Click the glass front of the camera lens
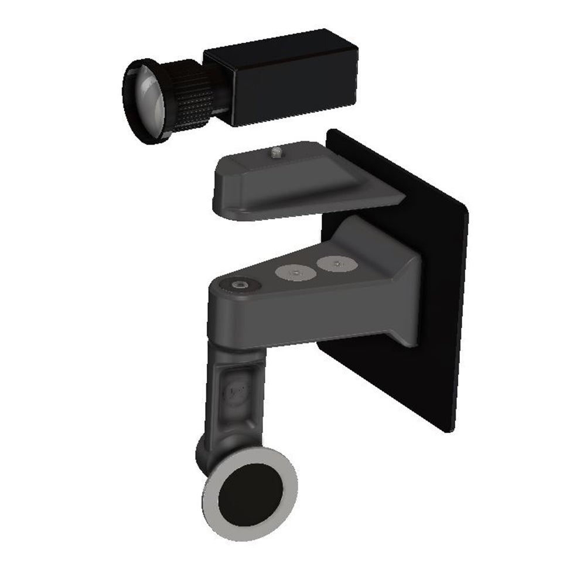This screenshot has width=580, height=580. (x=148, y=100)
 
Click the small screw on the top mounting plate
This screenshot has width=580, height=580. (x=277, y=153)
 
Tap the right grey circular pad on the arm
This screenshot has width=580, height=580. (x=336, y=265)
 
